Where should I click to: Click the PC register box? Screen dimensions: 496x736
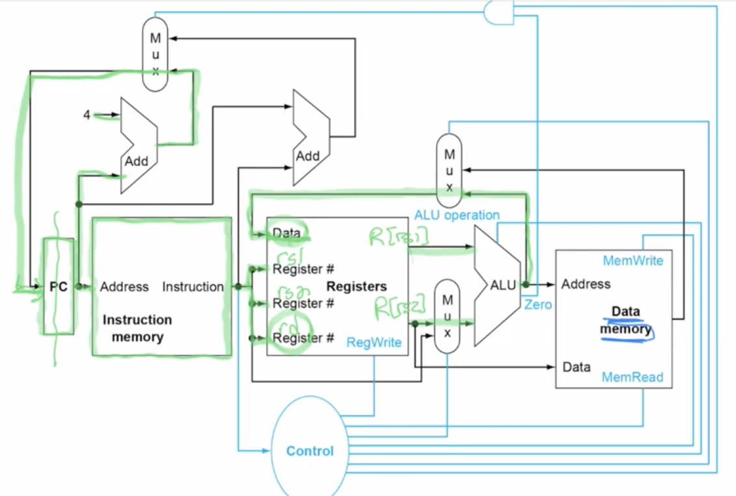(x=59, y=286)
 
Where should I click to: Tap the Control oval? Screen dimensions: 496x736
(x=309, y=451)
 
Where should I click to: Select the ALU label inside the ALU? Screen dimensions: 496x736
(x=503, y=284)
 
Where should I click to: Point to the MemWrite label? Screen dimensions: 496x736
(x=633, y=260)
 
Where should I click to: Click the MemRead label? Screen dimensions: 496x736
(x=633, y=377)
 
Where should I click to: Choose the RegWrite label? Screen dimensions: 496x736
(x=374, y=342)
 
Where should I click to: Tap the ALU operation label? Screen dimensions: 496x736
(x=456, y=215)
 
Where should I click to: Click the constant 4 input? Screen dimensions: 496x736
(x=86, y=116)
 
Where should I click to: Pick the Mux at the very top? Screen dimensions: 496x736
(x=155, y=55)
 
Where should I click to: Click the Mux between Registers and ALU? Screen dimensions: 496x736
(x=447, y=316)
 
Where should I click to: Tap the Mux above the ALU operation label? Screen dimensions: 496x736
(x=449, y=171)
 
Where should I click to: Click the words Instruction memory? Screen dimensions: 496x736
(x=137, y=328)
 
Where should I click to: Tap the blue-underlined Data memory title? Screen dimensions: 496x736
(x=625, y=321)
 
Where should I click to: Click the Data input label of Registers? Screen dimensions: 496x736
(x=286, y=232)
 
